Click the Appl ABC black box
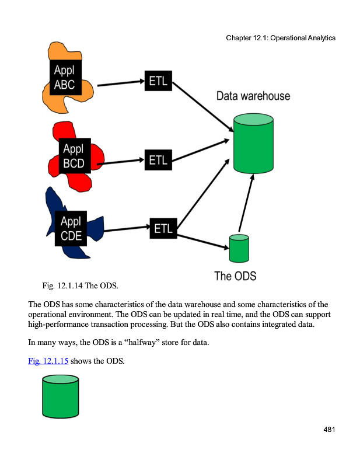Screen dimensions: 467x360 coord(65,78)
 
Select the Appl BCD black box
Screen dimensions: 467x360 coord(74,156)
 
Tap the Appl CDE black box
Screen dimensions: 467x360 coord(71,229)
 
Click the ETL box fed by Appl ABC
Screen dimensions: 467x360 coord(158,81)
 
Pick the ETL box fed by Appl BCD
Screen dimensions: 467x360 coord(158,159)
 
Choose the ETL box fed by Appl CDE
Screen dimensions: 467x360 coord(163,229)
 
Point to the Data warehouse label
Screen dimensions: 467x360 coord(253,96)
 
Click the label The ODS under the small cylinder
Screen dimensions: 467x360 coord(235,276)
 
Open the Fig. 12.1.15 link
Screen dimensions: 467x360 coord(48,361)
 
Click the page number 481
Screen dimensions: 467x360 coord(328,430)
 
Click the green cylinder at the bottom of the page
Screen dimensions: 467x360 coord(60,397)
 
